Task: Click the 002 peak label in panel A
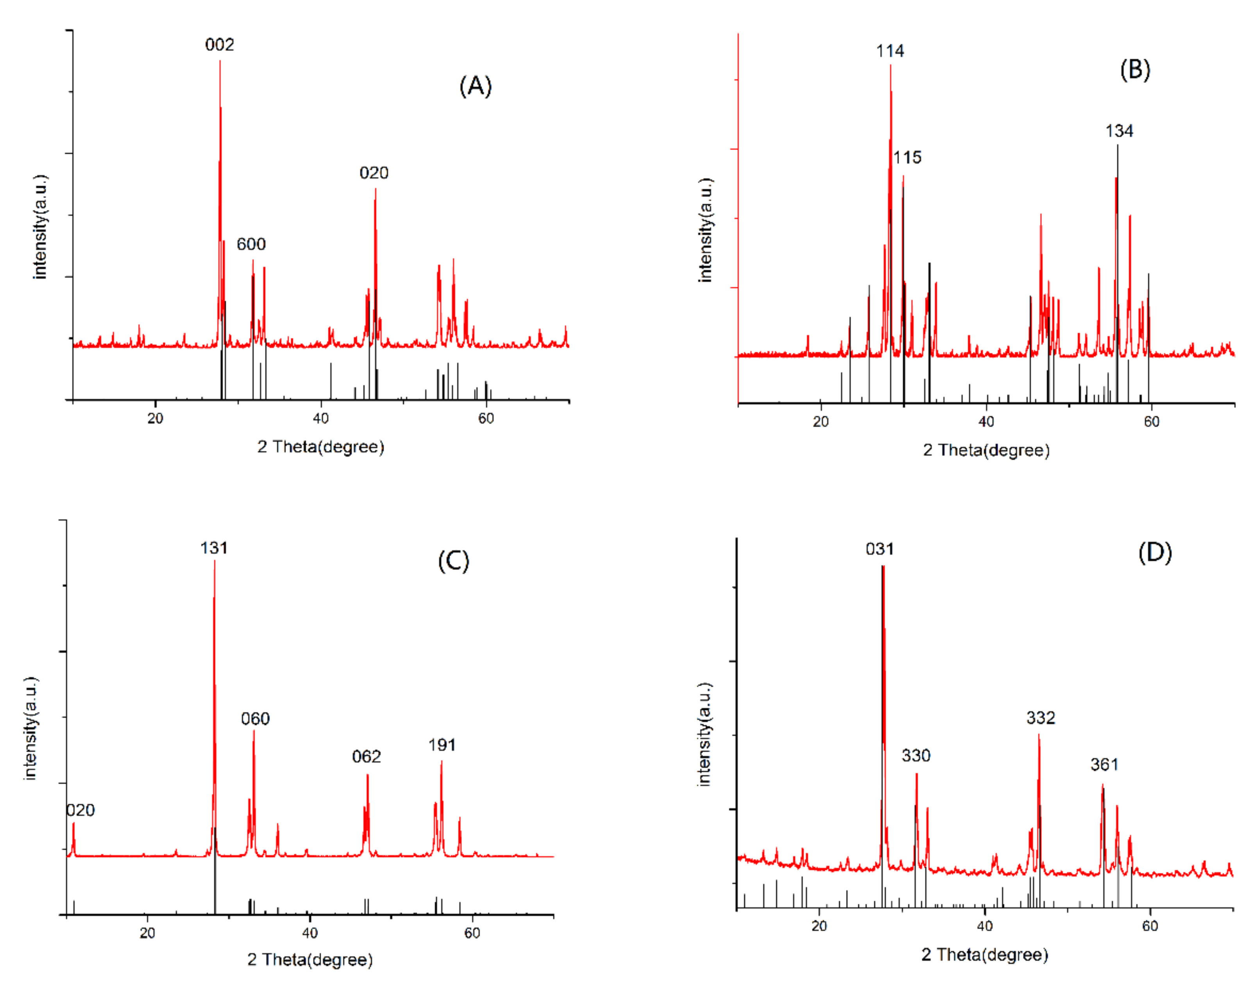pyautogui.click(x=220, y=45)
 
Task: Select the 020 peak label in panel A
pyautogui.click(x=374, y=173)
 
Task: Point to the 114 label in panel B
pyautogui.click(x=890, y=51)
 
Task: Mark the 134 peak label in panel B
pyautogui.click(x=1119, y=131)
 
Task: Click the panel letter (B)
pyautogui.click(x=1135, y=70)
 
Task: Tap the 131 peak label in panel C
pyautogui.click(x=214, y=548)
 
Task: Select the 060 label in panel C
pyautogui.click(x=256, y=719)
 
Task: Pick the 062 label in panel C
pyautogui.click(x=366, y=756)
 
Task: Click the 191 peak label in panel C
pyautogui.click(x=442, y=745)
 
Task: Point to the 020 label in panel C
pyautogui.click(x=80, y=810)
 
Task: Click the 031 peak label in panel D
pyautogui.click(x=880, y=549)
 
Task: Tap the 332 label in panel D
pyautogui.click(x=1041, y=718)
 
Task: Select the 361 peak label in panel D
pyautogui.click(x=1104, y=764)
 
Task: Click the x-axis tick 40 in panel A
pyautogui.click(x=321, y=418)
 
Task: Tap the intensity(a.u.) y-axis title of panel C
pyautogui.click(x=30, y=728)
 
